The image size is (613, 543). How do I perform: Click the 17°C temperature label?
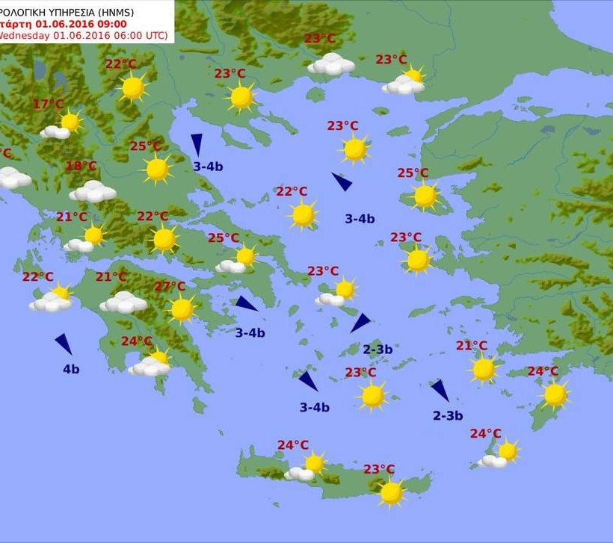pos(49,105)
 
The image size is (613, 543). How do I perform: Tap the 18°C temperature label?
pos(81,166)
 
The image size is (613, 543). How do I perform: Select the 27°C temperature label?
pos(170,287)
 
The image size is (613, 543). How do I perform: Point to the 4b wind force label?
pos(71,368)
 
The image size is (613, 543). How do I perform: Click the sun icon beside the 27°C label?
pos(182,308)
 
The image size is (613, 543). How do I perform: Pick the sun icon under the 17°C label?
pos(70,122)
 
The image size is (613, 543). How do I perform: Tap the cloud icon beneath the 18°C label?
pos(93,192)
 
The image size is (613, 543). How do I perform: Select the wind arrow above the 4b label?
pos(64,344)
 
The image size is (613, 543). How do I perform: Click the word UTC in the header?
pos(156,35)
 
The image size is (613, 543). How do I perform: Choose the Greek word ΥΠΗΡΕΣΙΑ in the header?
pos(75,10)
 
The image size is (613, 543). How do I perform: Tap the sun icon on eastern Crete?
pos(391,491)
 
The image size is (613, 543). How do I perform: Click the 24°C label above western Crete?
pos(293,445)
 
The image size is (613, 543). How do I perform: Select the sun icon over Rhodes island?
pos(555,394)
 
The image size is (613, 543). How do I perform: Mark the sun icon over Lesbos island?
pos(425,196)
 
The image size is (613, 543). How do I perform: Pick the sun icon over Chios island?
pos(418,260)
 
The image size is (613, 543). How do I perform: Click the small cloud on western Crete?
pos(301,474)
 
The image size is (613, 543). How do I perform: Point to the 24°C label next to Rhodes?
pos(543,371)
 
